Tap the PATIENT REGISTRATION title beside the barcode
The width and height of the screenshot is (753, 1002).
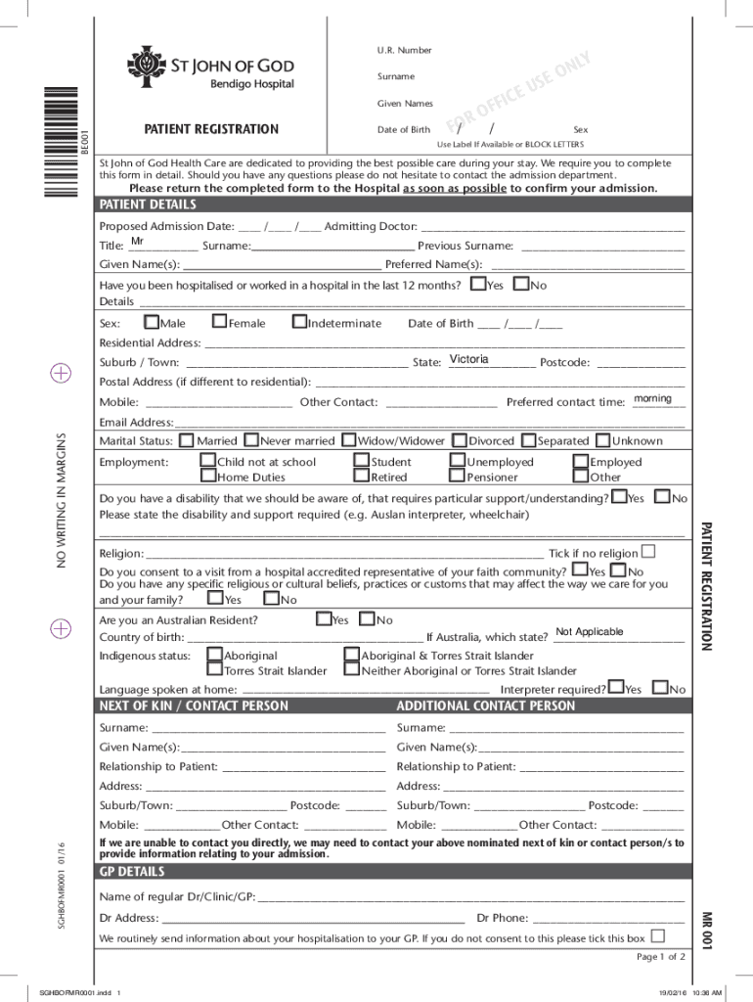tap(211, 129)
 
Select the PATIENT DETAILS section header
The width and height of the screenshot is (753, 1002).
tap(148, 205)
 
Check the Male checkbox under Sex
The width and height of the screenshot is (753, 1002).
tap(152, 322)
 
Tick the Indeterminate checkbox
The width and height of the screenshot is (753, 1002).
tap(299, 322)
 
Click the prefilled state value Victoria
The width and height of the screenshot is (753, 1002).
tap(469, 359)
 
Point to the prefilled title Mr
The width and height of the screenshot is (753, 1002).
tap(138, 242)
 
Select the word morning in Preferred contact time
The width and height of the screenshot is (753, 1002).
tap(652, 398)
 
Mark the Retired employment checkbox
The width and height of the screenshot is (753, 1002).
tap(362, 477)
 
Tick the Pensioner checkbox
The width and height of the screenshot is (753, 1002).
tap(457, 477)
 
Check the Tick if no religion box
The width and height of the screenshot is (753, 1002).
tap(647, 552)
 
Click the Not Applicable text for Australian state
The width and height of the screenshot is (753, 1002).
tap(589, 632)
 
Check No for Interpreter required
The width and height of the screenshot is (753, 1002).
tap(660, 689)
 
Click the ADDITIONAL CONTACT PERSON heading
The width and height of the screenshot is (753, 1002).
tap(486, 706)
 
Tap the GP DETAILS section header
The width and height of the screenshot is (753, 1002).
tap(132, 872)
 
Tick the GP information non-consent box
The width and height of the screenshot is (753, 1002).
tap(657, 936)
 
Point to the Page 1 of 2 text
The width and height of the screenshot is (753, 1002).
tap(660, 956)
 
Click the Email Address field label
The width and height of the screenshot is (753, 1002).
tap(136, 422)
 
